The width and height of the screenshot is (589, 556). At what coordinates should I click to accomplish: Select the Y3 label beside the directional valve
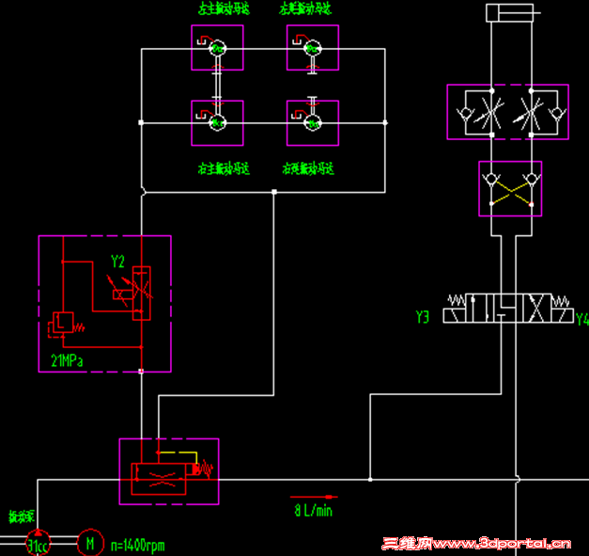[423, 318]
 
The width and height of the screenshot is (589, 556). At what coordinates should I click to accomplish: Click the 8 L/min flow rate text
[313, 511]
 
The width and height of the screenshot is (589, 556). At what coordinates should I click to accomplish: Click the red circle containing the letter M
[90, 543]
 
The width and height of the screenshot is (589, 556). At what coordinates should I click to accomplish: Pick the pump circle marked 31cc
[38, 544]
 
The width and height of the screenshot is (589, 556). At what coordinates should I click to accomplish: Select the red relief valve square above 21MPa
[62, 324]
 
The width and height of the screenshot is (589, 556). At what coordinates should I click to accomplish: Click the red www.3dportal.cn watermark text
[478, 543]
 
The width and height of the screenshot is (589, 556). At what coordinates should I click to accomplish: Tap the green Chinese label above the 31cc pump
[22, 516]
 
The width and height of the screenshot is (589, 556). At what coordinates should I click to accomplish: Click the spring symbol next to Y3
[457, 302]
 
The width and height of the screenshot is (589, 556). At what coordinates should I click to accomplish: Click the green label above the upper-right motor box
[307, 9]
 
